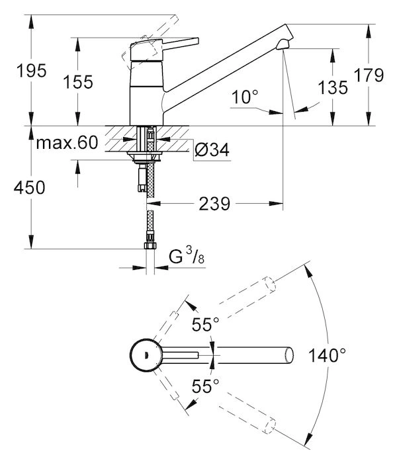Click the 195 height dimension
[x=32, y=71]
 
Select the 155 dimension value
[x=78, y=82]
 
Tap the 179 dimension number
[x=369, y=75]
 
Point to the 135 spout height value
[x=333, y=87]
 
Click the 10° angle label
[x=245, y=97]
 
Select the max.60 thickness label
[x=67, y=143]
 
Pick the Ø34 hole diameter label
[x=212, y=149]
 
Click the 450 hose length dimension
[x=29, y=187]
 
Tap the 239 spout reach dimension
[x=214, y=204]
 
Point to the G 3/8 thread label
[x=187, y=256]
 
